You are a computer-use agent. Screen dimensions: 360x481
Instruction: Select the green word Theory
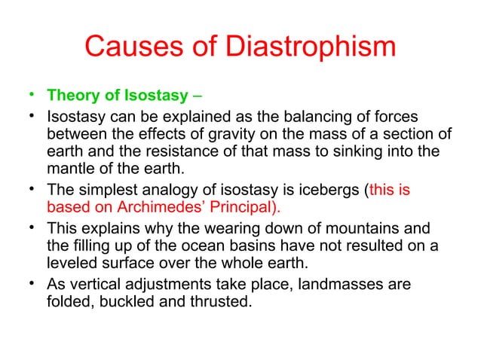[x=72, y=96]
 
